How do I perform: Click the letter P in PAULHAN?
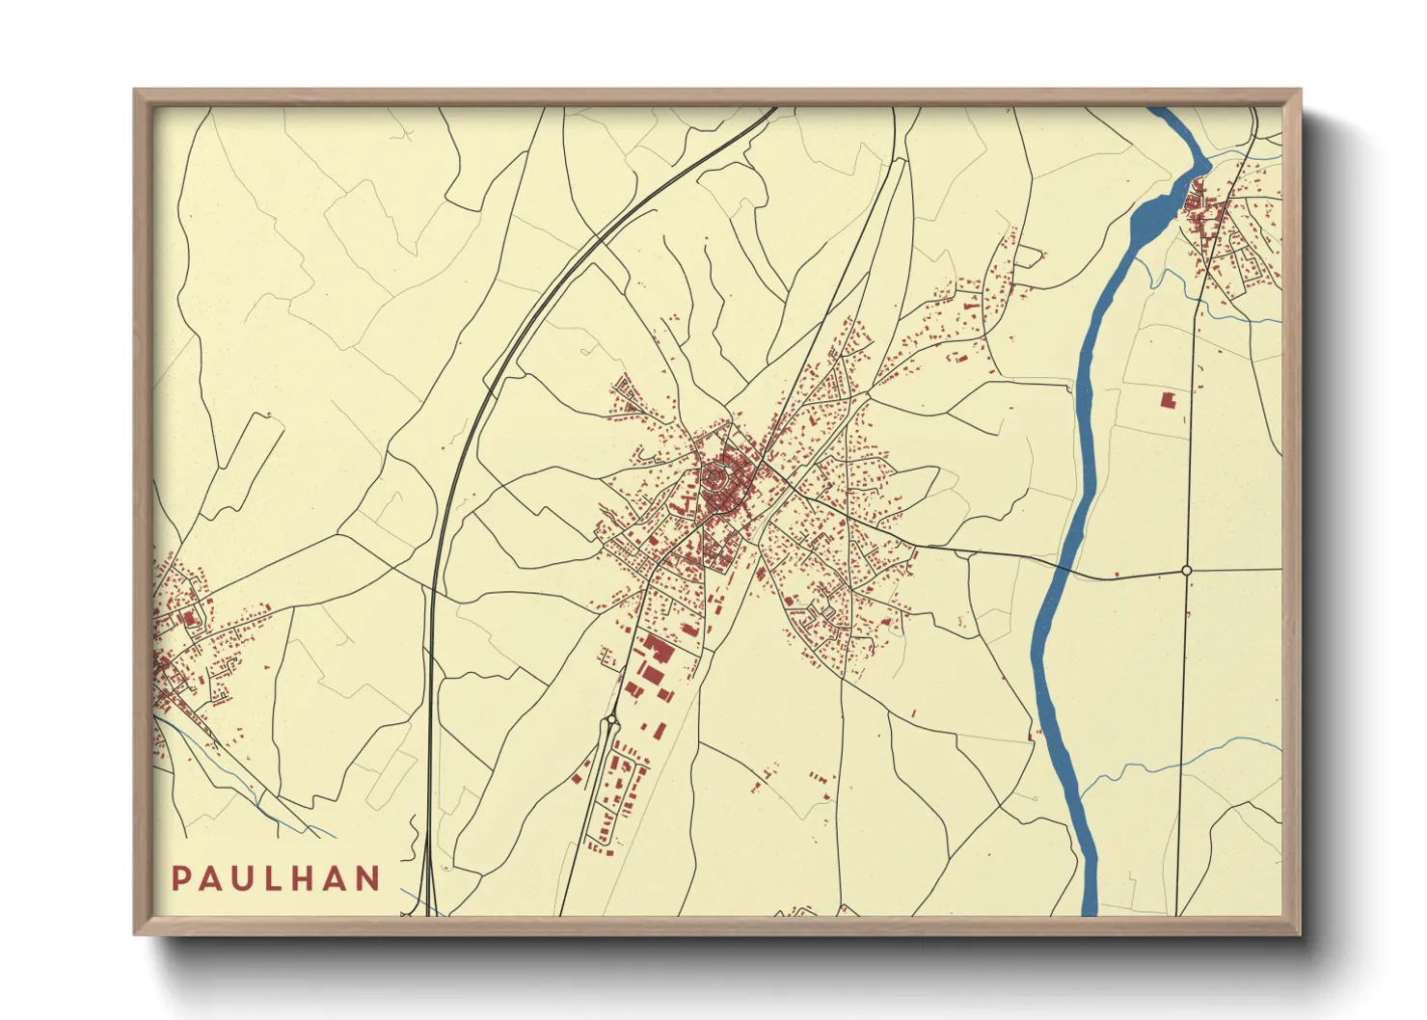click(x=180, y=878)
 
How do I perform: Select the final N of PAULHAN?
click(x=367, y=878)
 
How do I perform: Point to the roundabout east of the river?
click(x=1187, y=571)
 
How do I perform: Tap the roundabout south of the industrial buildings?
click(x=611, y=719)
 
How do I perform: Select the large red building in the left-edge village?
click(x=190, y=618)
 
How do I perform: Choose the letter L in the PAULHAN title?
click(x=274, y=878)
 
